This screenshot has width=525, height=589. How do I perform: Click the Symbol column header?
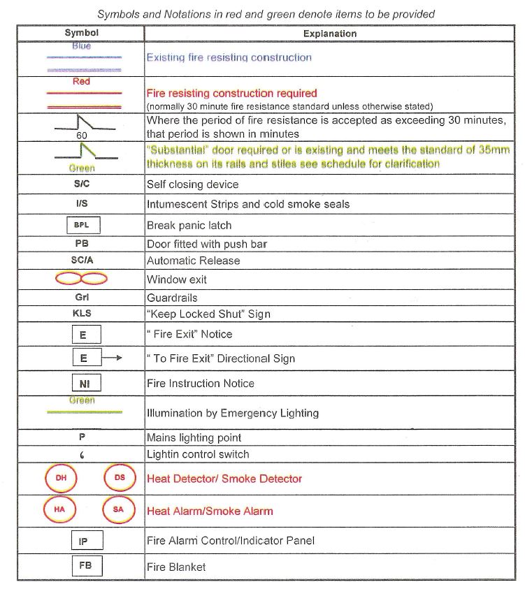click(x=81, y=33)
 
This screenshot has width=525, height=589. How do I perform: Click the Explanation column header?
click(x=329, y=34)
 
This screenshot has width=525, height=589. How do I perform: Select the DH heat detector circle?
click(x=61, y=479)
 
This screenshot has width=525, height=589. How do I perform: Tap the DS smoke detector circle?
click(x=119, y=479)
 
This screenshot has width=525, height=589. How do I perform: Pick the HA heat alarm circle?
click(x=59, y=510)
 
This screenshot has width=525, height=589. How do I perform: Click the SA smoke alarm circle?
click(x=117, y=510)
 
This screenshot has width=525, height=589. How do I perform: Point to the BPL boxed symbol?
click(x=82, y=225)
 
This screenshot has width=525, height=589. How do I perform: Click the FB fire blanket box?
click(x=85, y=565)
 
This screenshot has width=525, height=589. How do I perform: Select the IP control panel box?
click(x=85, y=540)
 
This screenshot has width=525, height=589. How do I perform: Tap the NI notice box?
click(x=85, y=384)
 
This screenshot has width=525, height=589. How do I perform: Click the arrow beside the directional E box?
click(x=113, y=358)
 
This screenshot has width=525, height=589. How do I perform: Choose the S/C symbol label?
click(x=81, y=184)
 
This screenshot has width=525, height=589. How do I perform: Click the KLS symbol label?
click(x=82, y=314)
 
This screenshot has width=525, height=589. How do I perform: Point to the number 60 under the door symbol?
click(x=82, y=135)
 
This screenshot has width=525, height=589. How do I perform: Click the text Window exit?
click(x=176, y=279)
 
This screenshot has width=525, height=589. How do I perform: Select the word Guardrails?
click(x=172, y=298)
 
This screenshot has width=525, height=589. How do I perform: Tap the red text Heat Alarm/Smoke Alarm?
click(x=210, y=511)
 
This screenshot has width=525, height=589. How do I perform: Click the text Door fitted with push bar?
click(x=207, y=244)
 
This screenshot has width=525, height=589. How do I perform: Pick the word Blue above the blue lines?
click(x=82, y=46)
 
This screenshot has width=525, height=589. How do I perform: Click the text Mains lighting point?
click(x=194, y=437)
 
